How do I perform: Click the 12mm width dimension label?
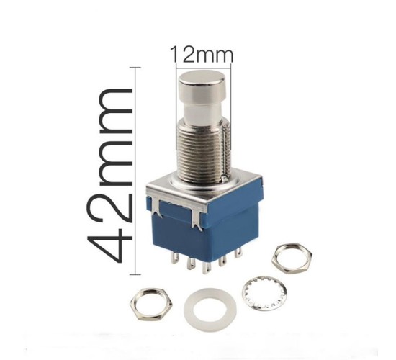(x=202, y=55)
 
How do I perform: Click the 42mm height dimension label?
(x=109, y=176)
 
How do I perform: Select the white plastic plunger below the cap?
(x=202, y=112)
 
